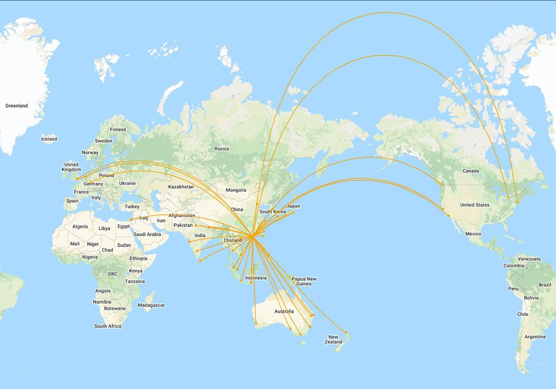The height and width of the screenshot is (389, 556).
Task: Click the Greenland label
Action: pyautogui.click(x=16, y=106)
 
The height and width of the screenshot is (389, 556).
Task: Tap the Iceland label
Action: pyautogui.click(x=49, y=139)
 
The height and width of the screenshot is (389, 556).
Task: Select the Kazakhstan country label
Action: pyautogui.click(x=181, y=186)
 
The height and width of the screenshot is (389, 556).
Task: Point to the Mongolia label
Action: pyautogui.click(x=236, y=190)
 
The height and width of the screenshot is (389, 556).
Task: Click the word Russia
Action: pyautogui.click(x=222, y=149)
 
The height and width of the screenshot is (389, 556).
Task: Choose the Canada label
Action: pyautogui.click(x=471, y=171)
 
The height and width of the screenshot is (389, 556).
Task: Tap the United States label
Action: pyautogui.click(x=475, y=205)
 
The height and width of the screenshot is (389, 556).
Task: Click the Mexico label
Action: pyautogui.click(x=473, y=234)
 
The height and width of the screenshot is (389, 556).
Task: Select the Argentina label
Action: pyautogui.click(x=535, y=337)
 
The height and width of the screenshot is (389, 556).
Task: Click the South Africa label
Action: pyautogui.click(x=108, y=326)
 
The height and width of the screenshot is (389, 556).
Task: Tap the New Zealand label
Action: pyautogui.click(x=333, y=340)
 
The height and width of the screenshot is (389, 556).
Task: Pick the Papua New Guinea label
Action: pyautogui.click(x=304, y=281)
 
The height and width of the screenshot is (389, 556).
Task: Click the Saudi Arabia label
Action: pyautogui.click(x=147, y=234)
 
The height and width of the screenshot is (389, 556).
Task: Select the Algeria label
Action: pyautogui.click(x=80, y=227)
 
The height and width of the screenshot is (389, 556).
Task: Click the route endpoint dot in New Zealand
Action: pyautogui.click(x=346, y=332)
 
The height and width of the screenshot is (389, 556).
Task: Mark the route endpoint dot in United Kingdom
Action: pyautogui.click(x=77, y=178)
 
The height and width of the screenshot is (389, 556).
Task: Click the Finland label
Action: pyautogui.click(x=118, y=129)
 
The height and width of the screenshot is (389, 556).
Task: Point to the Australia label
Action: pyautogui.click(x=284, y=311)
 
